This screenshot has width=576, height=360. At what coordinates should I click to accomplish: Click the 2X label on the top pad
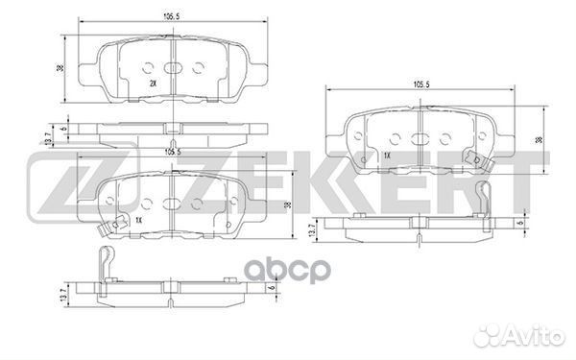point(153,84)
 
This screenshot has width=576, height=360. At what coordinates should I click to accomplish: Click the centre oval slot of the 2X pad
point(174,68)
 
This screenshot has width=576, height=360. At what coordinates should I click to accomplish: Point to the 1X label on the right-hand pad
point(386,156)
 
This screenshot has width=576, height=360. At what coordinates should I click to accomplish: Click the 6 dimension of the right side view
point(520,226)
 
